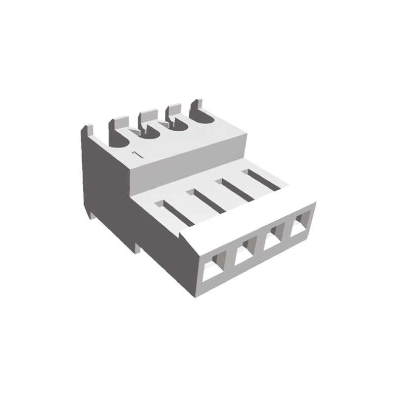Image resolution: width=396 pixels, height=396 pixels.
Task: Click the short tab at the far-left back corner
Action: (x=87, y=132)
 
